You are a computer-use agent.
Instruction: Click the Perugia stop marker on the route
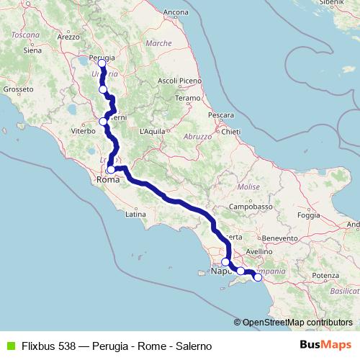click(x=102, y=63)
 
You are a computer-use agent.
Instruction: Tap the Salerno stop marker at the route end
click(x=258, y=276)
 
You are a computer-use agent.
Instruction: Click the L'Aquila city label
click(x=153, y=132)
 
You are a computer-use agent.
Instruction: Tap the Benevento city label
click(x=281, y=238)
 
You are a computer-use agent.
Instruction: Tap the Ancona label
click(x=176, y=12)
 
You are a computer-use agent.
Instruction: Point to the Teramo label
click(x=186, y=97)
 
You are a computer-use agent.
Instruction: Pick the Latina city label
click(x=136, y=214)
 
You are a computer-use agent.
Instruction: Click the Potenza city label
click(x=325, y=276)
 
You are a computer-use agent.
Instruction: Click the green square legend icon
click(x=9, y=345)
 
